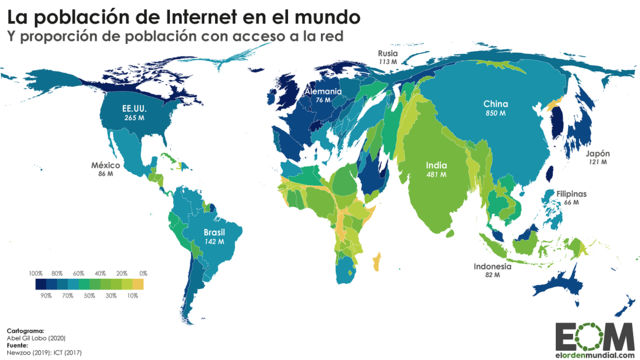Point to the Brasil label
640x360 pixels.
tap(214, 231)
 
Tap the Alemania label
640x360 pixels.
tap(323, 91)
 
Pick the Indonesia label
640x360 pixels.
tap(492, 267)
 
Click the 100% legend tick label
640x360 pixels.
tap(35, 273)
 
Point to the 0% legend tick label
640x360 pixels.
tap(143, 273)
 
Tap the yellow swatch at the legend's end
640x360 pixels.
tap(138, 285)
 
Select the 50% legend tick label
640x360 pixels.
tap(89, 297)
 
